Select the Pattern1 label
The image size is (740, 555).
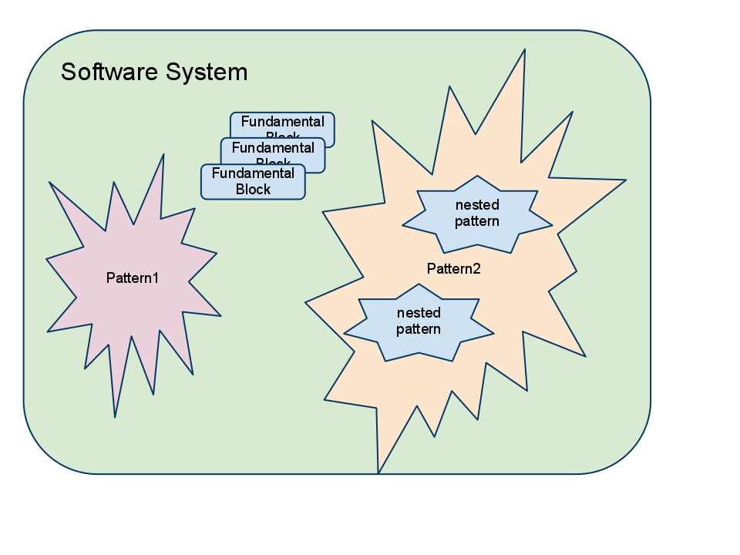point(133,278)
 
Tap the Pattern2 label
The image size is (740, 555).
point(454,269)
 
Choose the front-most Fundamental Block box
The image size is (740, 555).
point(253,182)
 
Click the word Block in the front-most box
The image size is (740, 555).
point(253,190)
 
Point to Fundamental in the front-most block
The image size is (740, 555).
point(253,173)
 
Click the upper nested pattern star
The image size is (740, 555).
point(477,214)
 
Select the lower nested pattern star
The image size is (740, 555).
point(419,322)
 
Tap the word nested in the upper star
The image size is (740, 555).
point(477,205)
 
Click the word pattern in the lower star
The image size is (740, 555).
point(419,330)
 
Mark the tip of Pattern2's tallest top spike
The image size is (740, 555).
point(525,50)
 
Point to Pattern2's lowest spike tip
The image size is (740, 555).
point(378,473)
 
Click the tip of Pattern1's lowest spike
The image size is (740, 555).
point(115,417)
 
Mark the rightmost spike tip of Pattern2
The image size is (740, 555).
point(625,180)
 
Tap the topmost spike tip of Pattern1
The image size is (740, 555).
point(163,155)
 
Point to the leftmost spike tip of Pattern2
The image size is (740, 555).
point(306,302)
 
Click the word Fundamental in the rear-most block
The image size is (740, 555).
point(282,122)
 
